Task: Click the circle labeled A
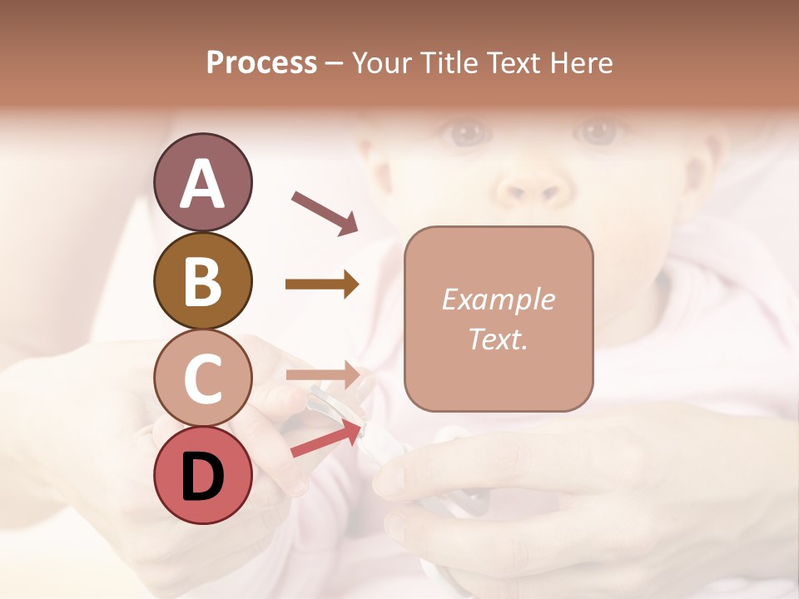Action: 202,182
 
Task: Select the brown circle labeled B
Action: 202,280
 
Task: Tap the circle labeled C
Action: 202,378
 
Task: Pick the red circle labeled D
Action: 202,475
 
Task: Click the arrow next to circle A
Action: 325,212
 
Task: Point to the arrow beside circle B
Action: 322,285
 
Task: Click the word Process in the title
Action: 261,63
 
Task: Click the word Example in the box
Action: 498,299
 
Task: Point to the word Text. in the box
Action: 498,339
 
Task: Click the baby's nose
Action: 533,187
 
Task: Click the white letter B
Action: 202,281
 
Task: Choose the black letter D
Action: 202,476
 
